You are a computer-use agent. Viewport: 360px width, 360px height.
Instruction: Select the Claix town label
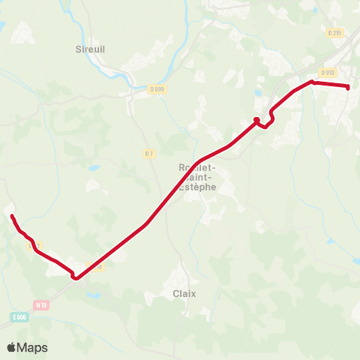click(x=184, y=294)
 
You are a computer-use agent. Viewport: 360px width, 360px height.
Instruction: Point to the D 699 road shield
click(x=157, y=88)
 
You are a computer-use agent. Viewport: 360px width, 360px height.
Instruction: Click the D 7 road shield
click(x=148, y=154)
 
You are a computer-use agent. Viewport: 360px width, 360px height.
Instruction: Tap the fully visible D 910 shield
click(x=327, y=73)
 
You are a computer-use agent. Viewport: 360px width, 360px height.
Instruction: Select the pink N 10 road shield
click(x=41, y=304)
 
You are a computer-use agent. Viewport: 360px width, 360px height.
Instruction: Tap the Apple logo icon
click(x=12, y=347)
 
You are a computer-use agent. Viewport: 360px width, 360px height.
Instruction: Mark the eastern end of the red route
click(x=349, y=87)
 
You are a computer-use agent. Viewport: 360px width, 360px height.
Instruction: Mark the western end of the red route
click(x=12, y=217)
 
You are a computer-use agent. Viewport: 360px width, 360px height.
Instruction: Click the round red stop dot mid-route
click(x=256, y=119)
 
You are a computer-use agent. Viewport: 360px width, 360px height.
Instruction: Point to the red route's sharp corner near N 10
click(x=75, y=278)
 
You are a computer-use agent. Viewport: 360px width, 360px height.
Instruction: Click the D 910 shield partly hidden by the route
click(x=94, y=265)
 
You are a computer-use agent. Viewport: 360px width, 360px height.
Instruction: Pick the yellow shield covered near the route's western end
click(x=33, y=245)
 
